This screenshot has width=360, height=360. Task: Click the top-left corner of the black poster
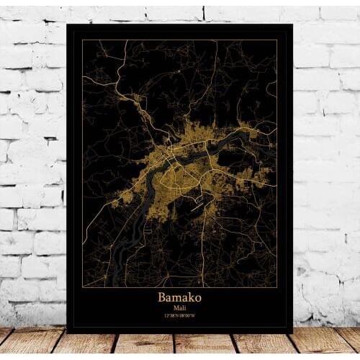[x=67, y=24]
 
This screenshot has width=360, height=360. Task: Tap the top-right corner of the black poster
[x=293, y=24]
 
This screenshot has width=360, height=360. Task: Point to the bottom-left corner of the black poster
[x=67, y=333]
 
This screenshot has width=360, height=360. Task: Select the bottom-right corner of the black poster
[x=292, y=333]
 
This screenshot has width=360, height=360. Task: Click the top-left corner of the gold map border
[x=82, y=40]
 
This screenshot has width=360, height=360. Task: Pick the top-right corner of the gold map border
[x=277, y=40]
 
